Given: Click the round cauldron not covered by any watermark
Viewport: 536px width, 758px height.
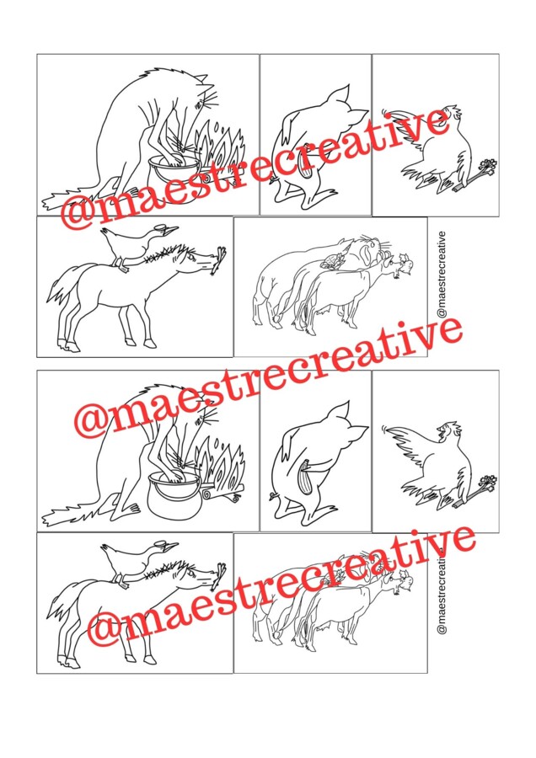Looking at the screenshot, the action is (x=174, y=495).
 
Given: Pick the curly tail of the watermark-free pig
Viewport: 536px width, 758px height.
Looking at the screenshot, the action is (x=274, y=496).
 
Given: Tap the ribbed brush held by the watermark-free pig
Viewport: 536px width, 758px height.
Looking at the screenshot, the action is (x=307, y=478).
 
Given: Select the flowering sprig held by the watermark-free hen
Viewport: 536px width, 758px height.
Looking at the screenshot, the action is (x=475, y=490).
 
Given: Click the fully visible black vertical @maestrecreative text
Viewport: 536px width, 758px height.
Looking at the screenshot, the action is (x=441, y=275).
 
